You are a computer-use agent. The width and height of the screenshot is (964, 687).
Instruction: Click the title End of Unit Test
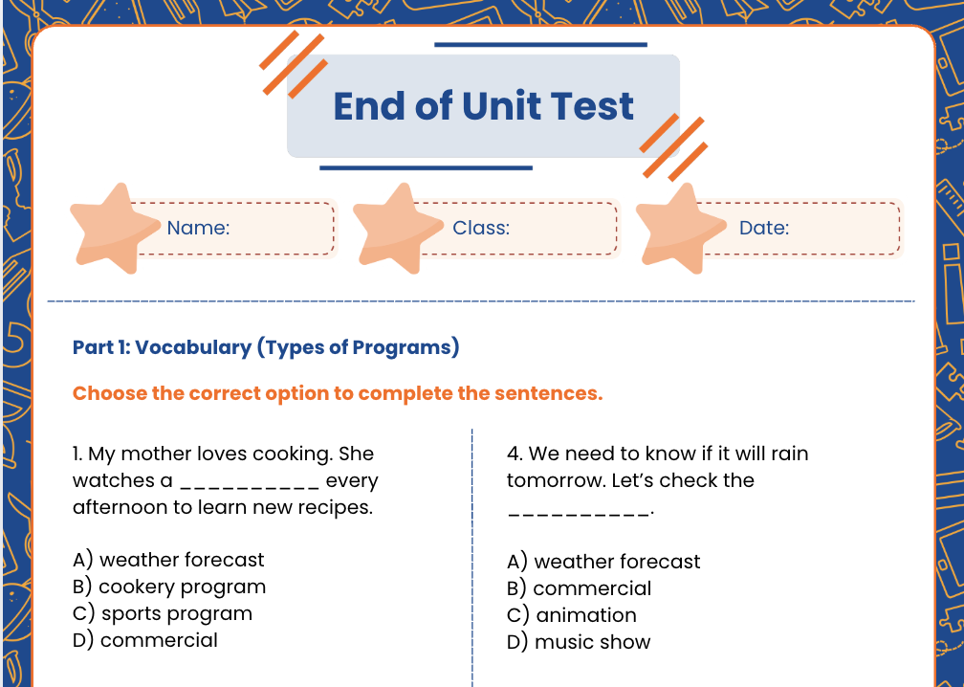[483, 106]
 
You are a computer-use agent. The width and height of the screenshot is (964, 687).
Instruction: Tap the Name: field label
[198, 229]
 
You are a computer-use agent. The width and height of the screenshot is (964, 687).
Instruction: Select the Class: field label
[481, 229]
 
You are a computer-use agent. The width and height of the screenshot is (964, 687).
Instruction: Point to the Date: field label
[764, 229]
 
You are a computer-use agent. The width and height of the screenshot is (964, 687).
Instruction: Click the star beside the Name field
[114, 229]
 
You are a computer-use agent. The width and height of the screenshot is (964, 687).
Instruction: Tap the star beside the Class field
[397, 229]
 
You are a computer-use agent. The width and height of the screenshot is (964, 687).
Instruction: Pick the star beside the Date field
[680, 229]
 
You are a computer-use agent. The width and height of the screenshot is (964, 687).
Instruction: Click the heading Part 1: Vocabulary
[266, 347]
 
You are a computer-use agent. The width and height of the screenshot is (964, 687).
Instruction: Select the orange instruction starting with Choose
[338, 394]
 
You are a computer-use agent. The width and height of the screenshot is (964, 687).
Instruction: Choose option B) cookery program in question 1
[169, 587]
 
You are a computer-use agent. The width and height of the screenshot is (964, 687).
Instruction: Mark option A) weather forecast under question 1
[168, 560]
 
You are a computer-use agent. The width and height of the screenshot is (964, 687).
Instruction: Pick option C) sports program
[163, 613]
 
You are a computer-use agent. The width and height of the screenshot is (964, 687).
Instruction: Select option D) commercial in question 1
[145, 640]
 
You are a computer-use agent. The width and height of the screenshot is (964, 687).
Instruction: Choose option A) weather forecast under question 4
[603, 562]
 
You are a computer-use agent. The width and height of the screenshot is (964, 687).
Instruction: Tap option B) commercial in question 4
[579, 588]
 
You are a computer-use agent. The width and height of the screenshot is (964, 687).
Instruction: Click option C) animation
[571, 615]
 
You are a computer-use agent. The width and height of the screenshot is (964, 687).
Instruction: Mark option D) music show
[579, 642]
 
